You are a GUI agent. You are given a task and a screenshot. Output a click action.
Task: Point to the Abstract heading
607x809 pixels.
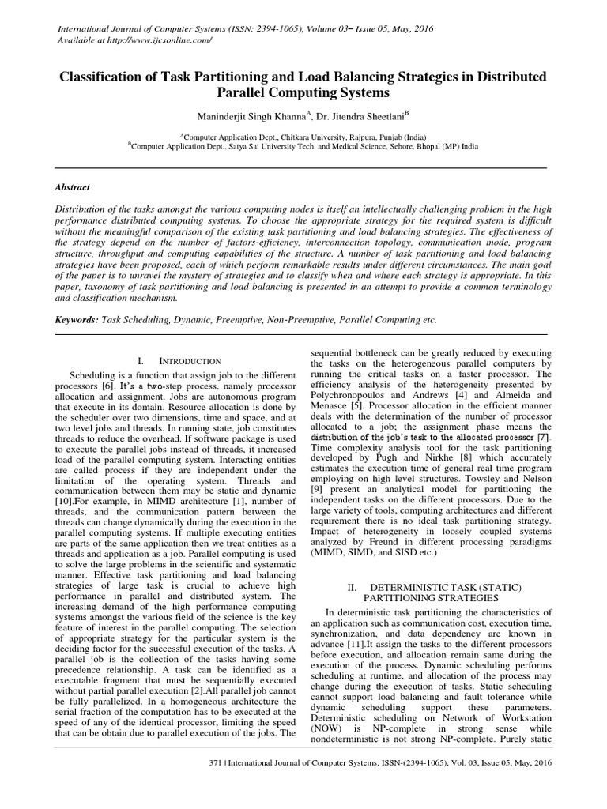[72, 187]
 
